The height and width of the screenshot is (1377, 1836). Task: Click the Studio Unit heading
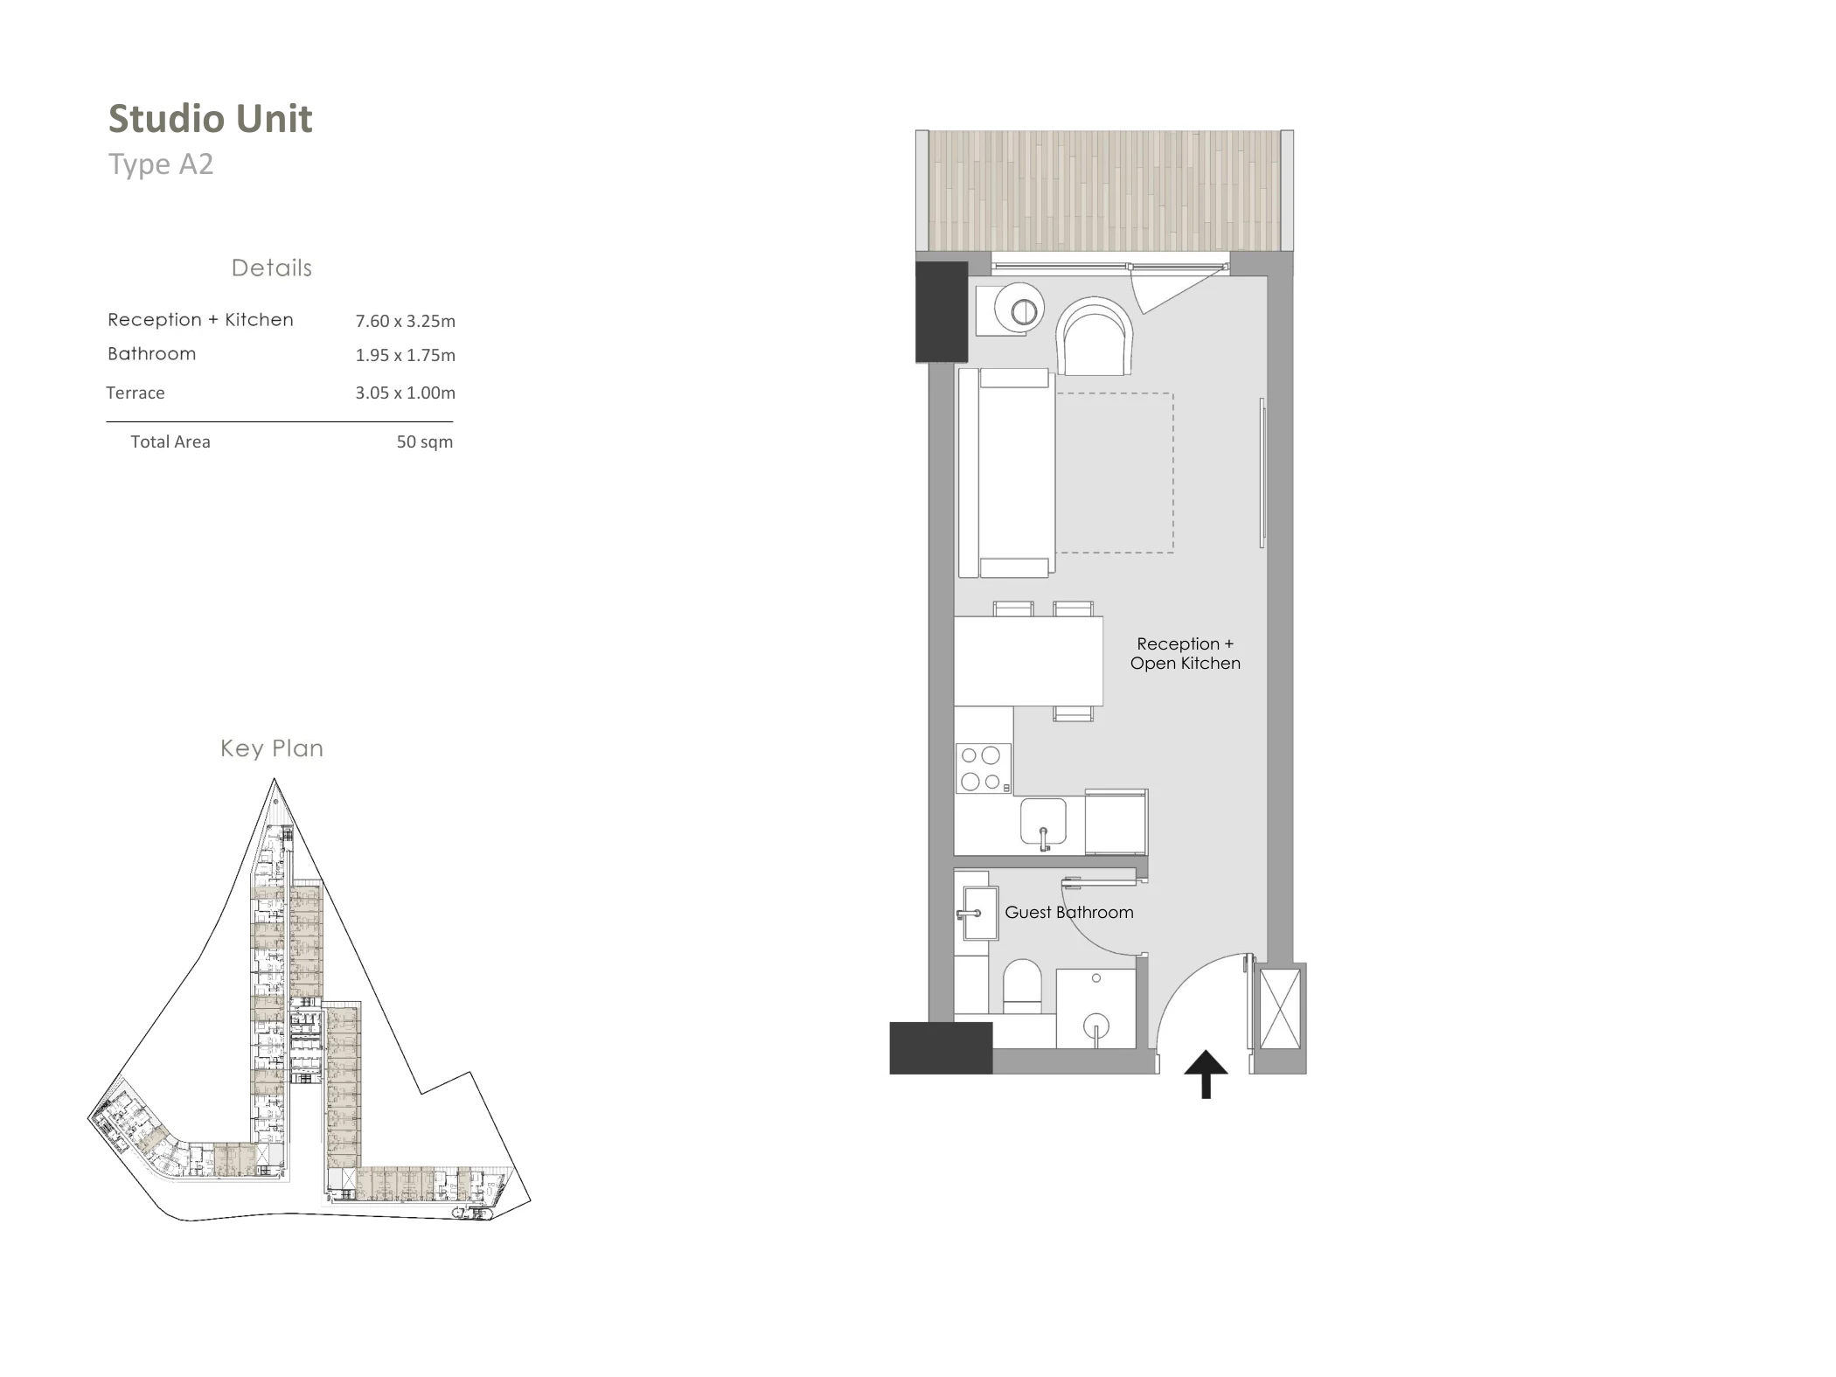(210, 119)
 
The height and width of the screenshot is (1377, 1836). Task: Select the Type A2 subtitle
(161, 164)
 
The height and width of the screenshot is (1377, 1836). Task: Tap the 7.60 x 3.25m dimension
(405, 321)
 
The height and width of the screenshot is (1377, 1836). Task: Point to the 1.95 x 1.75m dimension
(405, 355)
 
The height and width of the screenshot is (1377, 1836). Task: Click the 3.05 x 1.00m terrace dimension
(405, 393)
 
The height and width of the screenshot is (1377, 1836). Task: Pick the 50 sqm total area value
(425, 442)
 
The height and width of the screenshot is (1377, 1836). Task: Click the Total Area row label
(170, 442)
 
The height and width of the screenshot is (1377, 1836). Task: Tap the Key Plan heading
(272, 748)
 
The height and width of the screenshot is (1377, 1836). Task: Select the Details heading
(272, 268)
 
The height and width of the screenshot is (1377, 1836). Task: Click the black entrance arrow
(1206, 1074)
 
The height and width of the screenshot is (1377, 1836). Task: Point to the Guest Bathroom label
(1069, 912)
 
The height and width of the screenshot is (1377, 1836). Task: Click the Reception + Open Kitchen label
(1186, 653)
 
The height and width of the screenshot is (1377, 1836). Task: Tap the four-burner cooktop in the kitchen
(984, 768)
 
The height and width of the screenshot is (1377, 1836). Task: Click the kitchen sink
(1043, 822)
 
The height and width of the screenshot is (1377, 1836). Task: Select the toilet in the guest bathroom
(1021, 987)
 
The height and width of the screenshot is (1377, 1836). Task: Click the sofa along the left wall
(1005, 473)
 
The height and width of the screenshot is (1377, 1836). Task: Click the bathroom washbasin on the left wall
(979, 914)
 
